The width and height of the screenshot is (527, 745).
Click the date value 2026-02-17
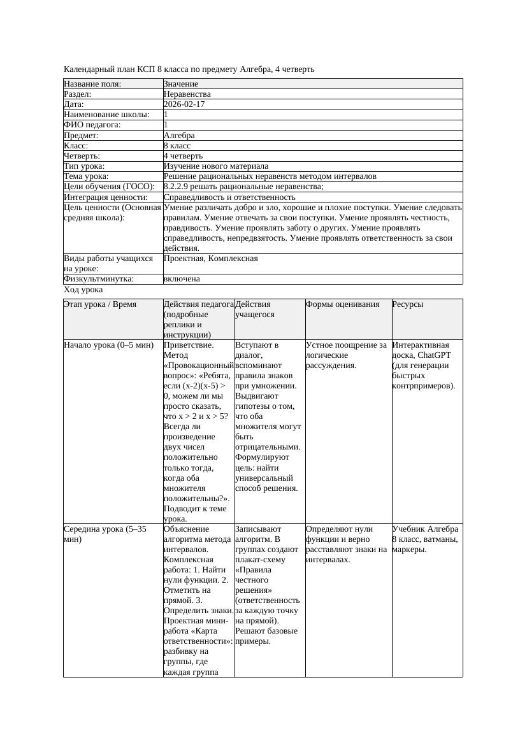tap(184, 104)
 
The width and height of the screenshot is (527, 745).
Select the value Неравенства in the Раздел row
tap(187, 94)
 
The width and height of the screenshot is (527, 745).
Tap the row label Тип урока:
tap(85, 166)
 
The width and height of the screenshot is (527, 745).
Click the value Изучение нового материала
tap(216, 166)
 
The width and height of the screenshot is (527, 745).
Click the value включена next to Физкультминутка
tap(182, 279)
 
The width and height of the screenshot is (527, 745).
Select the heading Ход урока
tap(83, 290)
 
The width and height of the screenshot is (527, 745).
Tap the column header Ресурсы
tap(408, 304)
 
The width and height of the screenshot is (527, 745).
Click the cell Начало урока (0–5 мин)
tap(109, 345)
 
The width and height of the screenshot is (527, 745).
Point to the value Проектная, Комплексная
tap(211, 259)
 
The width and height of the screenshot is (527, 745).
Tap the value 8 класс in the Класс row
tap(177, 146)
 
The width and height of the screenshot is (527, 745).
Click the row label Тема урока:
tap(87, 176)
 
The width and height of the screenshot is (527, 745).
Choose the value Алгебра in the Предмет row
tap(179, 136)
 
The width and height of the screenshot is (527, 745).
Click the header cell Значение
tap(181, 84)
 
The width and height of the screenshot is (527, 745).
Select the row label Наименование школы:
tap(107, 115)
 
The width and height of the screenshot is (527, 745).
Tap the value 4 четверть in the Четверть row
tap(183, 156)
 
